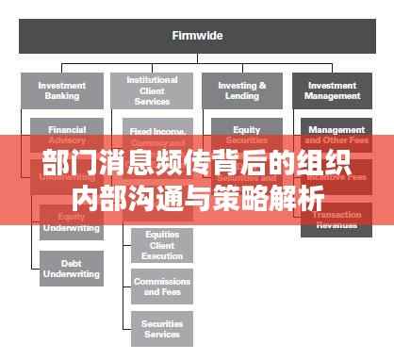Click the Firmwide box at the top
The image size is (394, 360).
(x=196, y=36)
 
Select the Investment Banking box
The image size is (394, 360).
(x=61, y=90)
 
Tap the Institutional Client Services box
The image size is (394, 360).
(x=152, y=90)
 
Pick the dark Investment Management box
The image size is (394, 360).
(x=332, y=90)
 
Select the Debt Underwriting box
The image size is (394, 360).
(x=72, y=268)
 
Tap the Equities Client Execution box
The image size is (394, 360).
(x=162, y=244)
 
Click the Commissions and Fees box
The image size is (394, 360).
(x=162, y=286)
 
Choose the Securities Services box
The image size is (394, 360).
(x=162, y=328)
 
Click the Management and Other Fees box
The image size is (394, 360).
(x=337, y=133)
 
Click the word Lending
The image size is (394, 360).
(x=241, y=95)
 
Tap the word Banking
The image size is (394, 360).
(x=61, y=95)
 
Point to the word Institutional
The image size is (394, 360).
(x=152, y=80)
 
